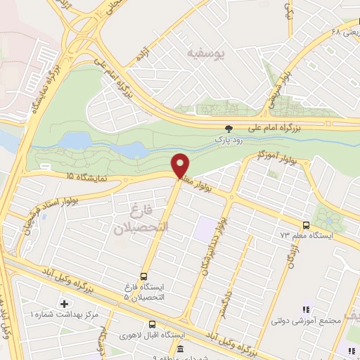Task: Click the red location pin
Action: [x=181, y=165]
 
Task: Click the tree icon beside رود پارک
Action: [x=229, y=128]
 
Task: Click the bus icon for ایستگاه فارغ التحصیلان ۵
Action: [x=144, y=276]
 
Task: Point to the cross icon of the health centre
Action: [x=64, y=304]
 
